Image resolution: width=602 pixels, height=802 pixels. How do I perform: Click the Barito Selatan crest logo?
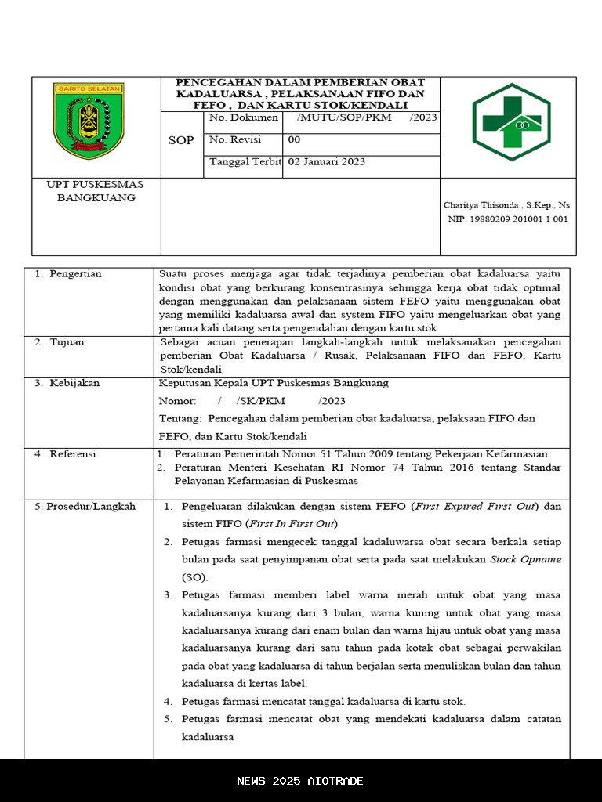(x=89, y=121)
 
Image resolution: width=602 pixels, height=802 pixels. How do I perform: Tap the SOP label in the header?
(x=181, y=141)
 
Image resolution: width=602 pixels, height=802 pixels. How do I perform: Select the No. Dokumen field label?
(x=243, y=117)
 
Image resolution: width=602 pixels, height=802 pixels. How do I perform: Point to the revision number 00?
(x=294, y=139)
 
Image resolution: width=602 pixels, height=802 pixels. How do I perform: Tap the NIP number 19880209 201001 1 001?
(x=508, y=219)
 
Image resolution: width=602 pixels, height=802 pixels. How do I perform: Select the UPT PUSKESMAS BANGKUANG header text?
(x=96, y=191)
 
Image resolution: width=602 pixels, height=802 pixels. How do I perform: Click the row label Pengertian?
(x=74, y=274)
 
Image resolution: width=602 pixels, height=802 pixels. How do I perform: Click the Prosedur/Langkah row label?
(x=85, y=507)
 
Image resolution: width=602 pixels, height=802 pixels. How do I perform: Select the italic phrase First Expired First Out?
(x=476, y=507)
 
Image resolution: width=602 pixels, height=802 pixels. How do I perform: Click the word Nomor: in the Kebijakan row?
(x=178, y=401)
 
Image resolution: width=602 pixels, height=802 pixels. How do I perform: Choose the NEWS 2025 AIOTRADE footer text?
(x=300, y=781)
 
